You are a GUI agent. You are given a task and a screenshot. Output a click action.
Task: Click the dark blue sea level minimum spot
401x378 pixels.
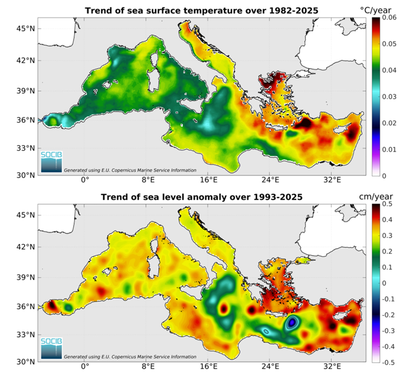pos(292,322)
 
